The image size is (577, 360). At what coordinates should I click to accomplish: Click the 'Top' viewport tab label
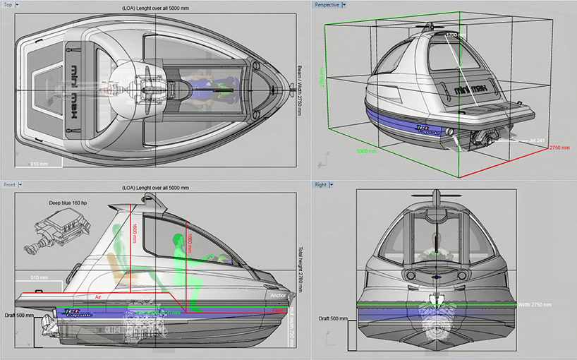tap(9, 5)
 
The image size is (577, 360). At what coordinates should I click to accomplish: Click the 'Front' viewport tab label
tap(10, 185)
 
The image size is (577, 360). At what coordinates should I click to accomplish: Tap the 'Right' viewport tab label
tap(321, 185)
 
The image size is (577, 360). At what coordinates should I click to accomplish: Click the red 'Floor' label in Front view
tap(278, 309)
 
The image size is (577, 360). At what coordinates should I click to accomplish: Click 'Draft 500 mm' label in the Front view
tap(19, 316)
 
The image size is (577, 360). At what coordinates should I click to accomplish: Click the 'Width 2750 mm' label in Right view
tap(533, 305)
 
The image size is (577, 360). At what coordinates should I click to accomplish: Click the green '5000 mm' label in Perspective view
tap(368, 150)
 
